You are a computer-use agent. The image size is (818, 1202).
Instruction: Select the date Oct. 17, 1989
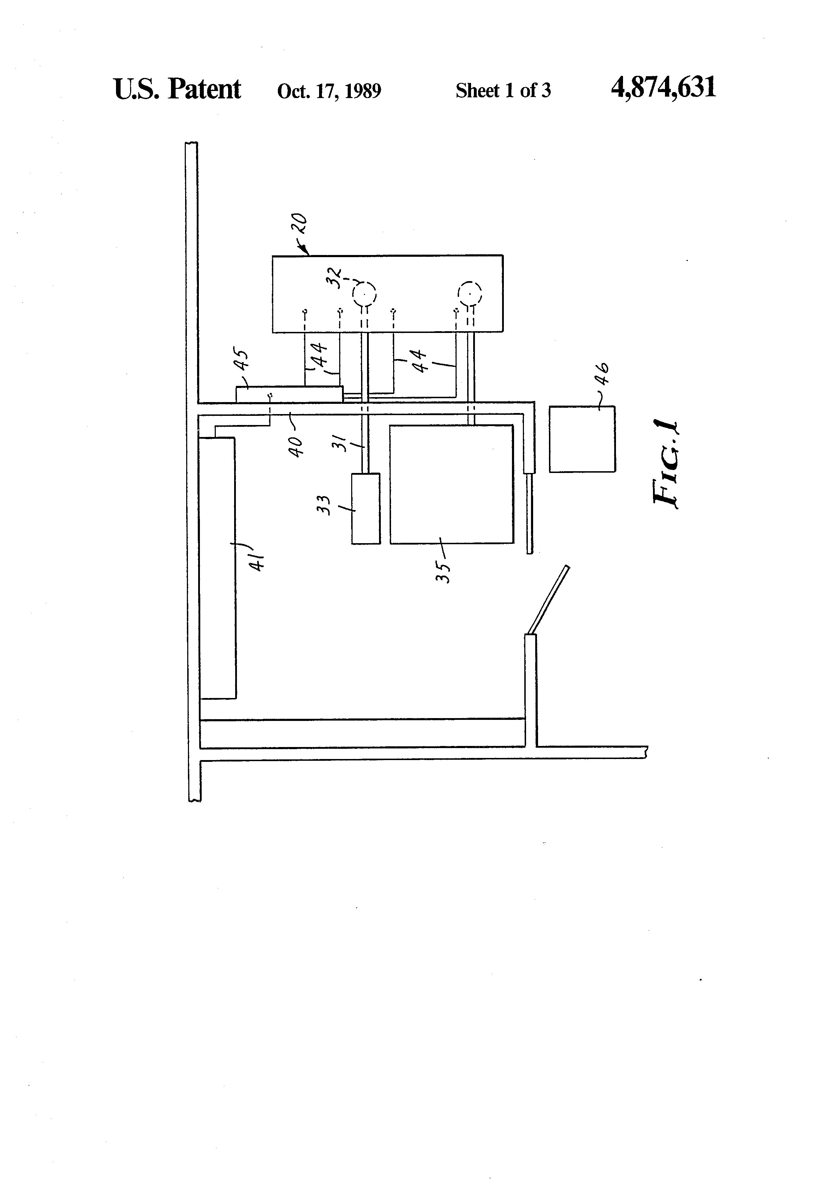(329, 91)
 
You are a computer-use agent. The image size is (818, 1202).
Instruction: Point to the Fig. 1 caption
(665, 465)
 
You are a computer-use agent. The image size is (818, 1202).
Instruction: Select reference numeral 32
(335, 277)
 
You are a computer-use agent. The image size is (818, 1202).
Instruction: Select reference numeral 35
(444, 571)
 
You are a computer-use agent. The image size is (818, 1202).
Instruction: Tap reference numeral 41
(257, 560)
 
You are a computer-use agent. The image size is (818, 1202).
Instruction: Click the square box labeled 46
(582, 439)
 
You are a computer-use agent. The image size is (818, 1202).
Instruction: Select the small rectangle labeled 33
(366, 509)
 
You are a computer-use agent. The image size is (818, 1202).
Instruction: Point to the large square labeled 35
(451, 484)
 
